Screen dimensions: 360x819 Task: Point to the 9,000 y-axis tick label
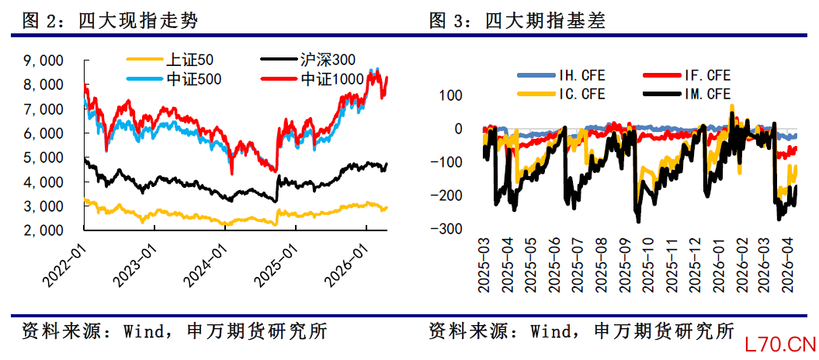click(45, 60)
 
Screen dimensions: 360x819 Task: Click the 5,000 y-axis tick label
click(45, 157)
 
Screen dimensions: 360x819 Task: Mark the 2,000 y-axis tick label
click(45, 230)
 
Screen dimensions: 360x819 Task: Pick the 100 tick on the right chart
click(451, 95)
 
